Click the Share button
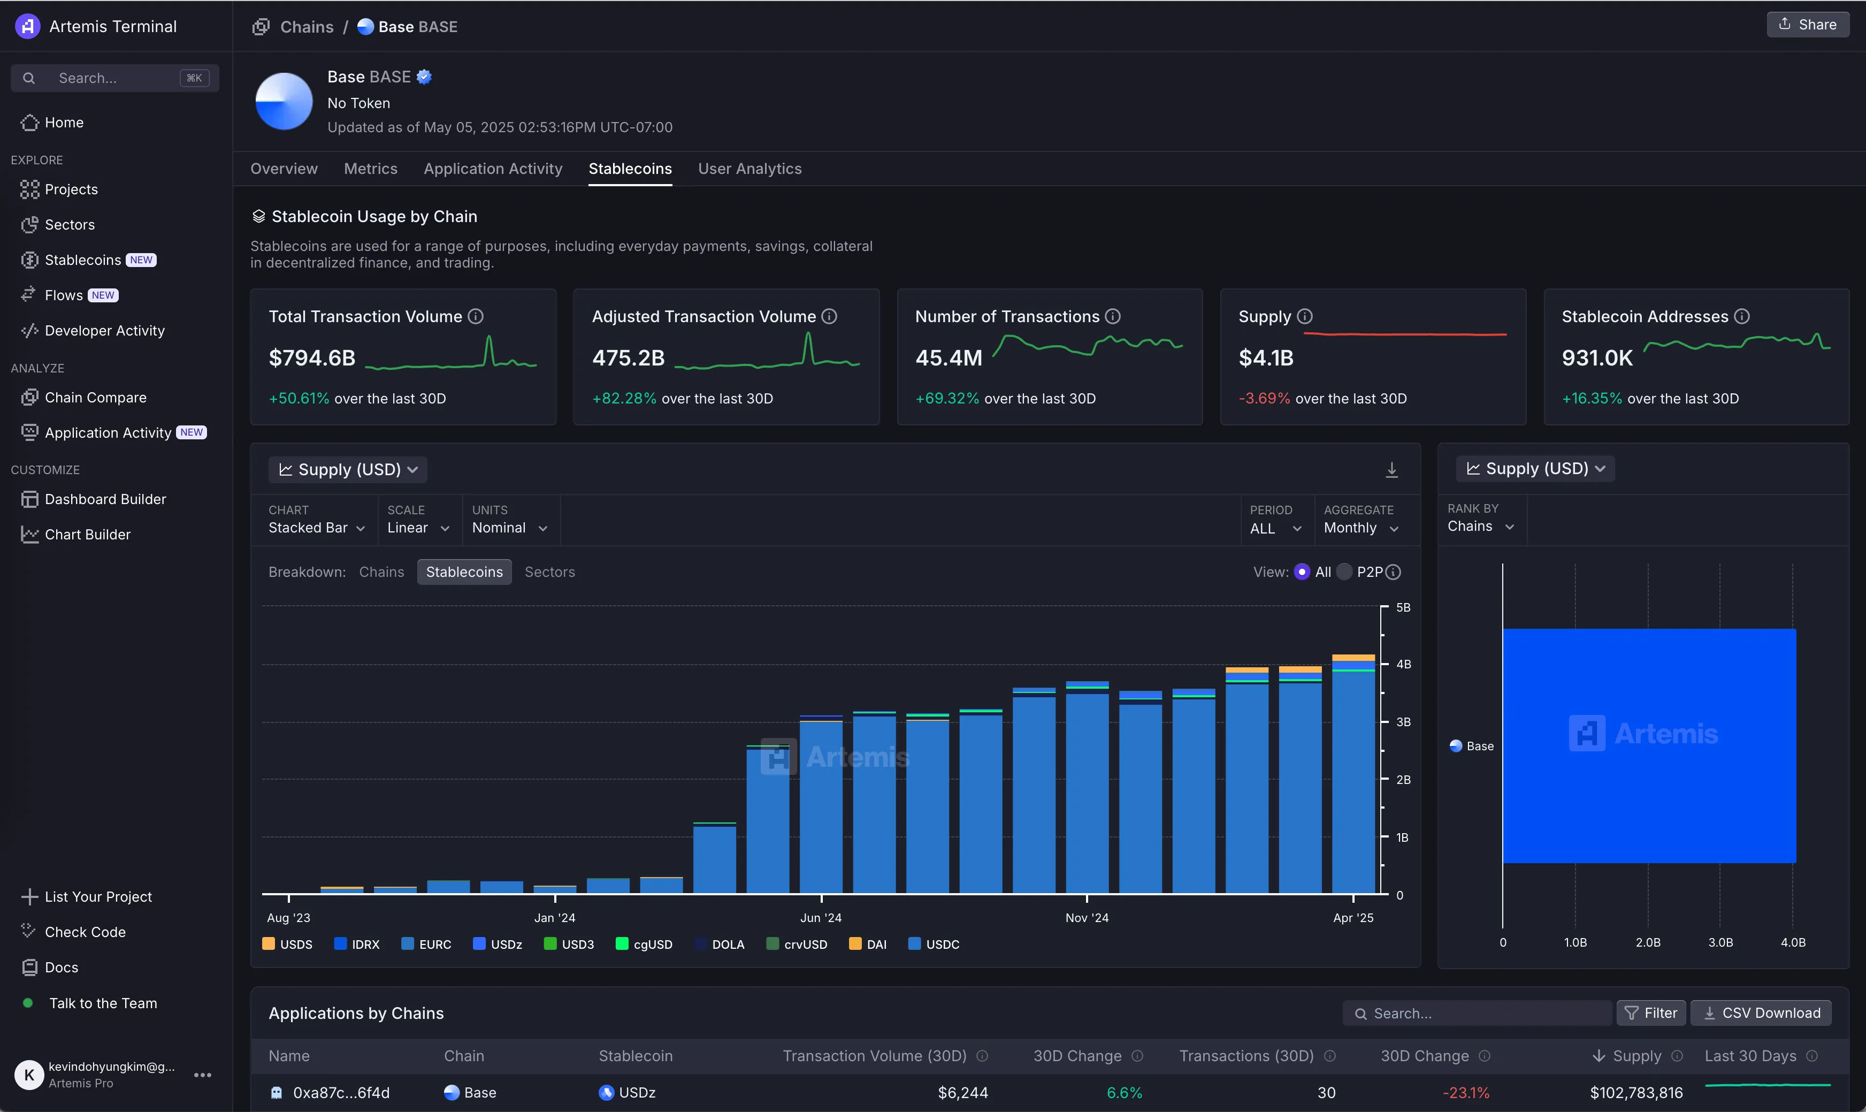pyautogui.click(x=1808, y=25)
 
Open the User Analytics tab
pyautogui.click(x=749, y=169)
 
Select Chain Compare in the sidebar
pyautogui.click(x=95, y=397)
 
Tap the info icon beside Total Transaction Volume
pyautogui.click(x=476, y=316)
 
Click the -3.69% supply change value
pyautogui.click(x=1264, y=399)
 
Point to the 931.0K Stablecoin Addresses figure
pyautogui.click(x=1596, y=358)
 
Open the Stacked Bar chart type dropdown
pyautogui.click(x=316, y=528)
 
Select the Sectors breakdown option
pyautogui.click(x=549, y=572)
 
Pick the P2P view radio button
pyautogui.click(x=1344, y=572)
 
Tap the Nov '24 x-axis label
pyautogui.click(x=1086, y=918)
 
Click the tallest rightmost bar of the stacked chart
pyautogui.click(x=1353, y=779)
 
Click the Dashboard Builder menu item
pyautogui.click(x=105, y=499)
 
